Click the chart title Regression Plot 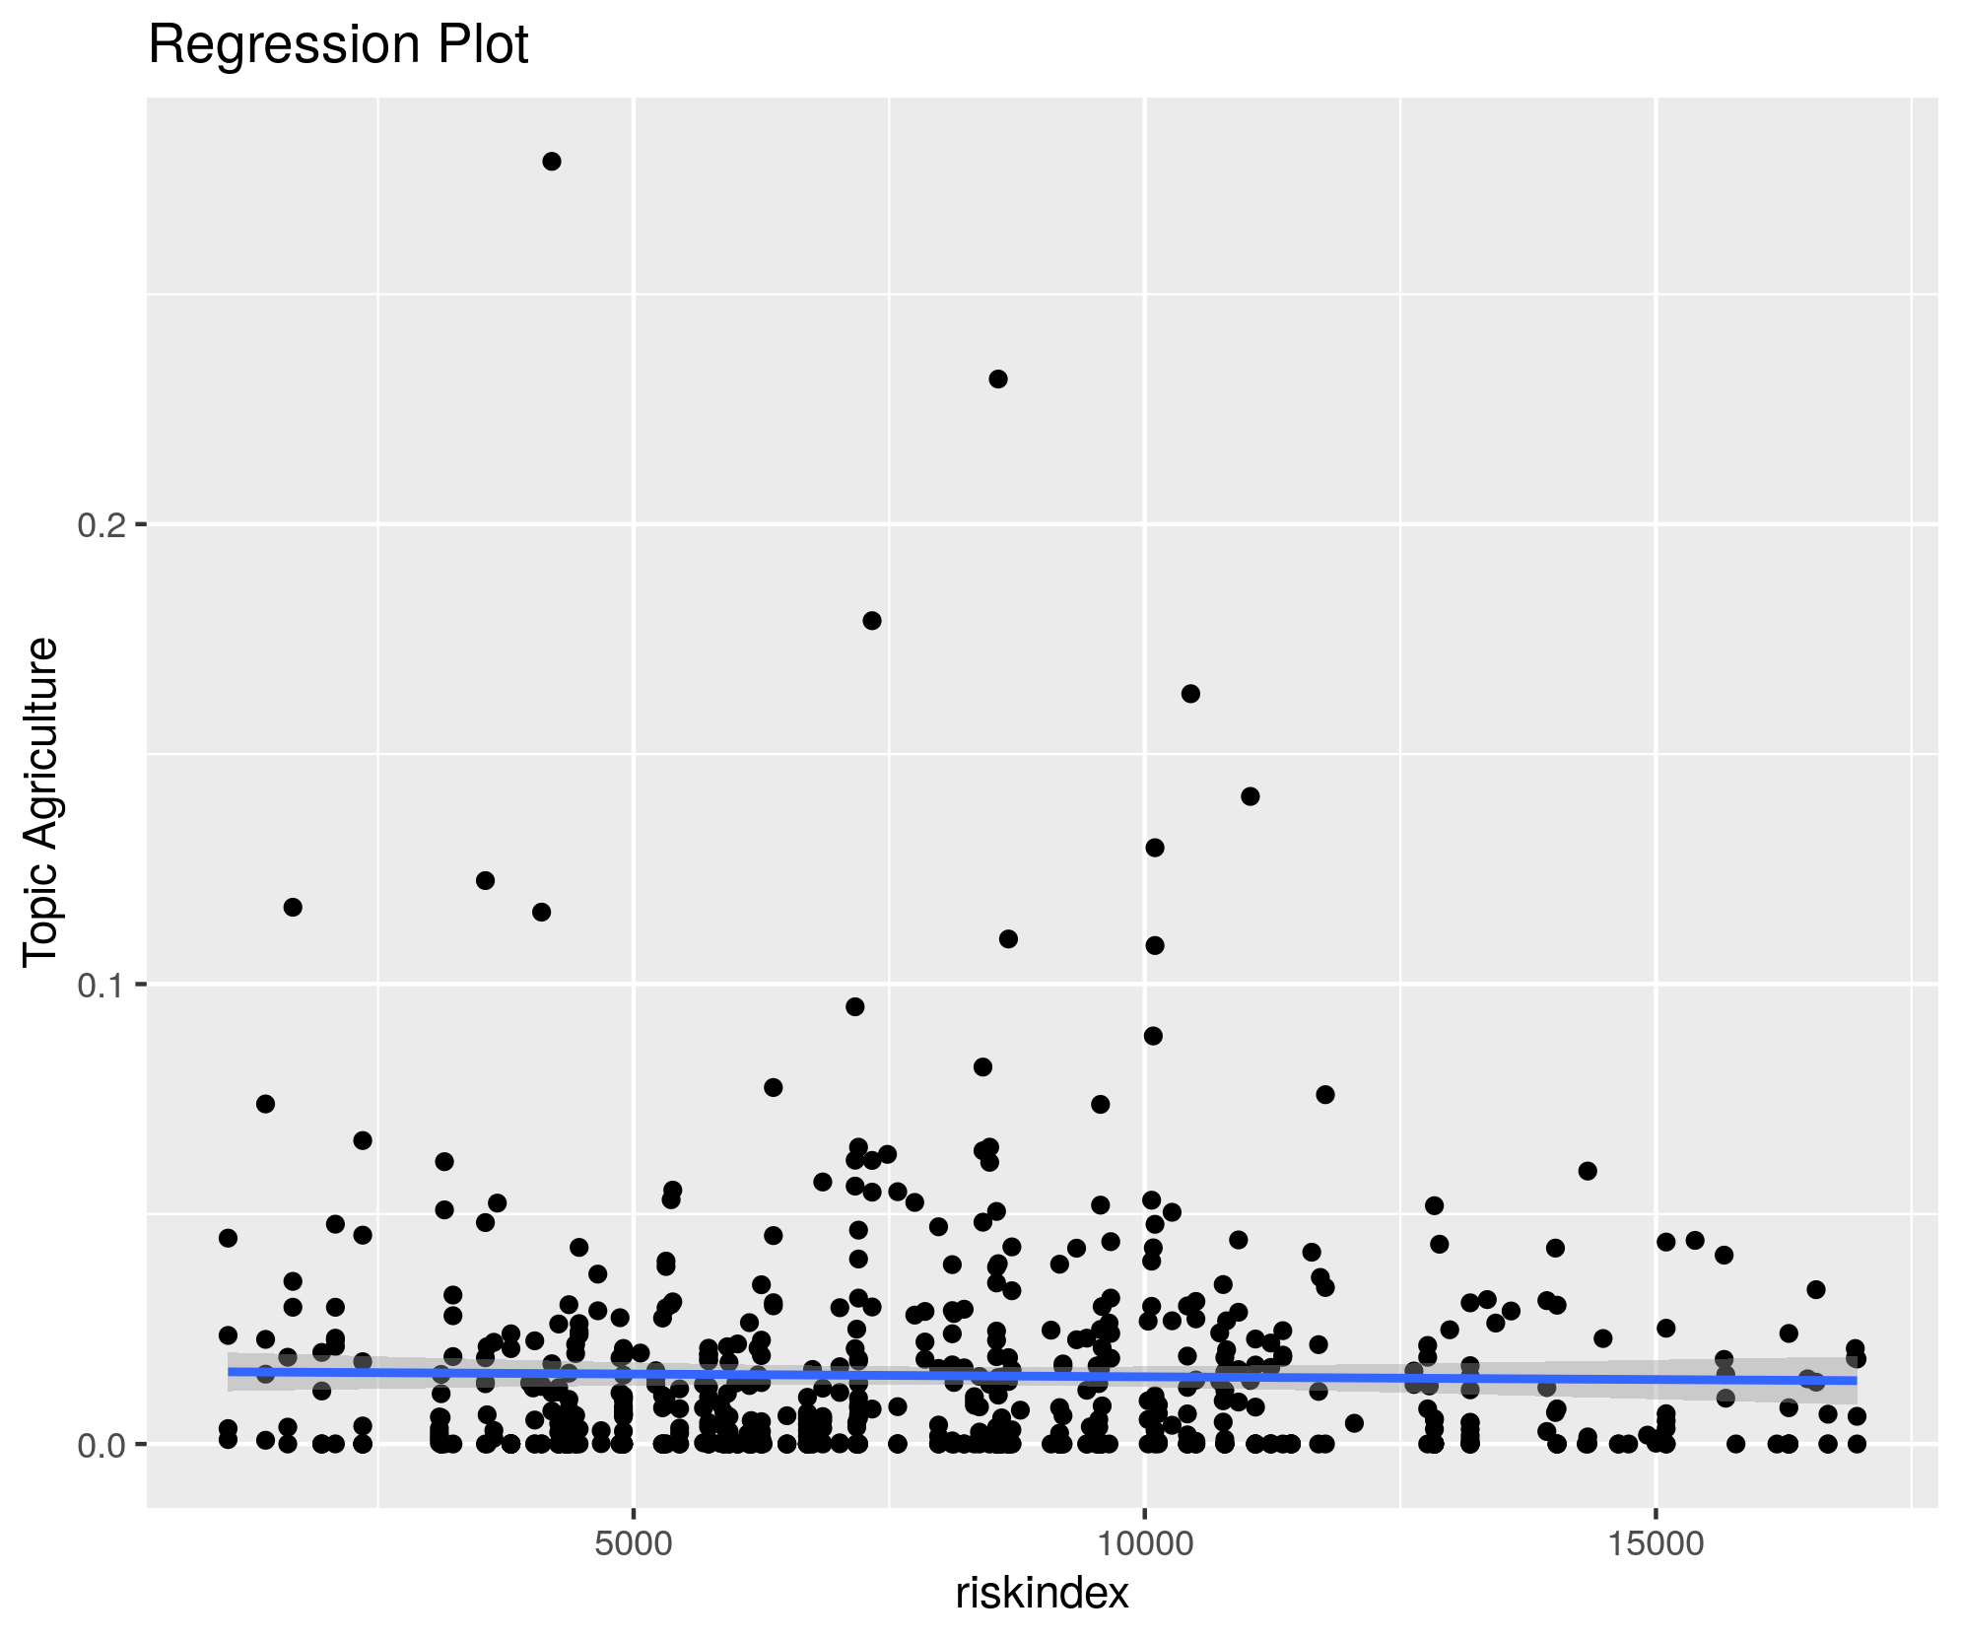[338, 45]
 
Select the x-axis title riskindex [1042, 1594]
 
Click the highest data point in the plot [552, 162]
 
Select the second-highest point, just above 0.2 [998, 379]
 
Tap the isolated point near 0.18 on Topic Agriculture [872, 621]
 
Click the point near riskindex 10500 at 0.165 [1190, 694]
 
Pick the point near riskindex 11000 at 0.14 [1251, 796]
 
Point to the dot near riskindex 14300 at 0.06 [1588, 1171]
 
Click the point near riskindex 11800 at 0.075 [1325, 1095]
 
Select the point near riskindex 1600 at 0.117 [293, 907]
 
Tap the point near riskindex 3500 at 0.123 [485, 880]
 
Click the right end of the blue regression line [1856, 1381]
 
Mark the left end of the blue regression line [230, 1372]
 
